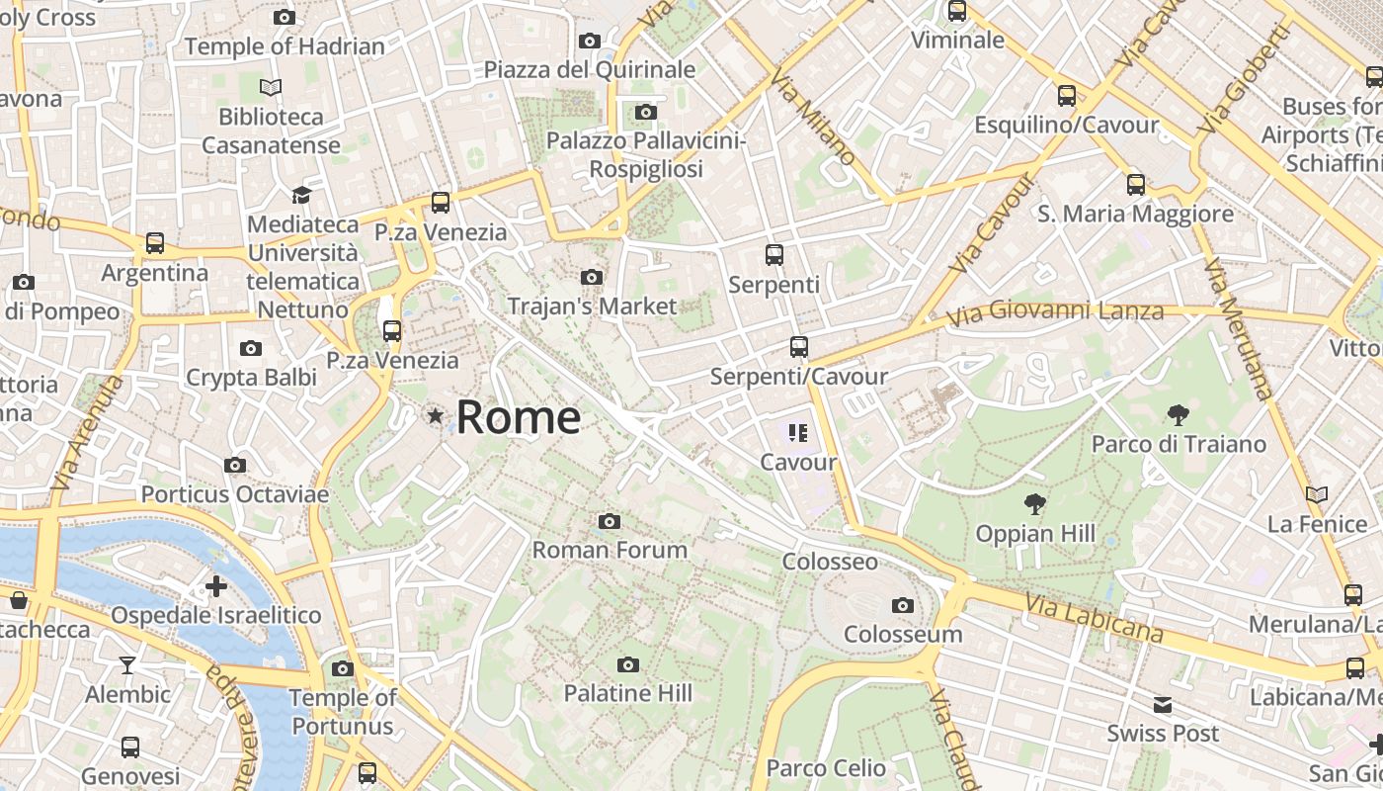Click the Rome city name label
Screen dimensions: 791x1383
[x=519, y=417]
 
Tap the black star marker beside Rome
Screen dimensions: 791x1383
[x=435, y=416]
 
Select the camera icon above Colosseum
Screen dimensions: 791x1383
[x=902, y=605]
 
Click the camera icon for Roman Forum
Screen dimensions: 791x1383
[x=610, y=521]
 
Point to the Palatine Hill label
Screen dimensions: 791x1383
[x=628, y=693]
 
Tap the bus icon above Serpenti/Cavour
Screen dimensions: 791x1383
[x=799, y=347]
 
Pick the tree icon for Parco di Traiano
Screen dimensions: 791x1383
[x=1178, y=415]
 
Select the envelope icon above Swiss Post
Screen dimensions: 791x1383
[x=1163, y=705]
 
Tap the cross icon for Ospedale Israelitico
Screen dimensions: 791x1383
[x=215, y=586]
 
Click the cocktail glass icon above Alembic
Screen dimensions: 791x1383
[x=127, y=664]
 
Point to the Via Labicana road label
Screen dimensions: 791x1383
[x=1094, y=617]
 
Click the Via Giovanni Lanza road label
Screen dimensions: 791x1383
[x=1055, y=313]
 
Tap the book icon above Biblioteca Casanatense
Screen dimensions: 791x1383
[x=271, y=87]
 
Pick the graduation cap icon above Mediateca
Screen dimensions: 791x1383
[x=302, y=195]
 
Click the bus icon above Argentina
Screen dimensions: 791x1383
[x=155, y=243]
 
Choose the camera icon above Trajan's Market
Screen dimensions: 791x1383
[x=592, y=277]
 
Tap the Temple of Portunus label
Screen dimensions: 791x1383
[x=343, y=712]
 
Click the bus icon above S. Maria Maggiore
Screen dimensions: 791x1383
[x=1136, y=184]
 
